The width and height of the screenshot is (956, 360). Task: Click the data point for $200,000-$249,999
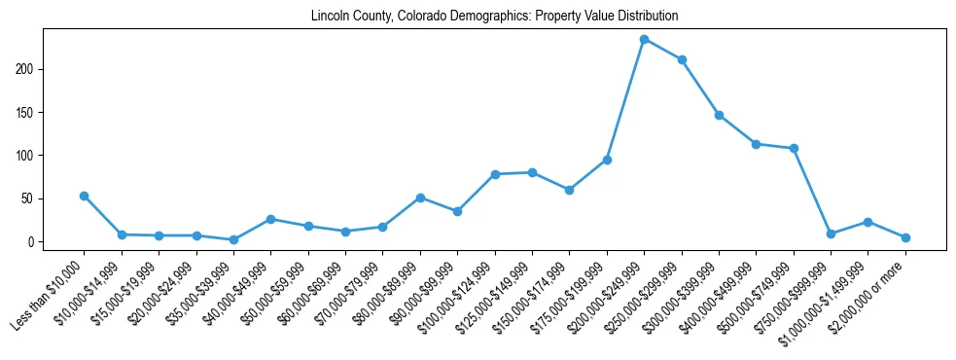[x=644, y=39]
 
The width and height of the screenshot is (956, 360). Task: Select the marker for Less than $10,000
[x=84, y=196]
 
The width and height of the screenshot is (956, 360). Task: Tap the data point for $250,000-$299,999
[x=682, y=59]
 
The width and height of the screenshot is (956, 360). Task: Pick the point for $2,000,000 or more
[x=905, y=237]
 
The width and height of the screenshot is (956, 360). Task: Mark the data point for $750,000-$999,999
[x=831, y=234]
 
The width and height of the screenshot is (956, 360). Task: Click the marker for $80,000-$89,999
[x=420, y=198]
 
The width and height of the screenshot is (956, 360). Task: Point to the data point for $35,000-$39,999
[x=233, y=239]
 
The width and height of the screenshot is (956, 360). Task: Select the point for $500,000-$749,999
[x=794, y=148]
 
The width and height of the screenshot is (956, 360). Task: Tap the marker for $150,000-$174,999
[x=569, y=190]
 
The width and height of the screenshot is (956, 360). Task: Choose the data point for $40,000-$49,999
[x=270, y=219]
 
